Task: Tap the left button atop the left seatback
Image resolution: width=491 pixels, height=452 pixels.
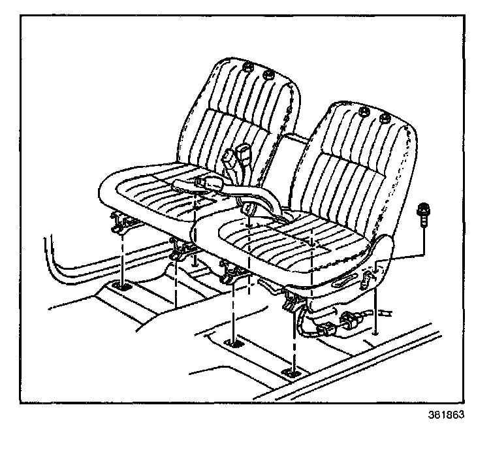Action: (246, 67)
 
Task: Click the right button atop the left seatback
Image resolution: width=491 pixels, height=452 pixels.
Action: (268, 77)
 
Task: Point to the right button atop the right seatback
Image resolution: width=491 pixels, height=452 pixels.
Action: (385, 119)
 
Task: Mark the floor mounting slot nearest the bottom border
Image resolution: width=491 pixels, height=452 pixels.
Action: (289, 372)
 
